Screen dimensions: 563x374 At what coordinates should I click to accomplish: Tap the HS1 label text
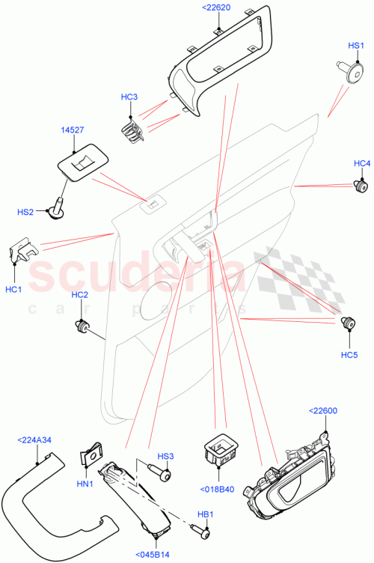(355, 46)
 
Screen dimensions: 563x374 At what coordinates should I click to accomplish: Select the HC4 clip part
(362, 184)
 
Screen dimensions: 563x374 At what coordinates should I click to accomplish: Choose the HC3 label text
(129, 97)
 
